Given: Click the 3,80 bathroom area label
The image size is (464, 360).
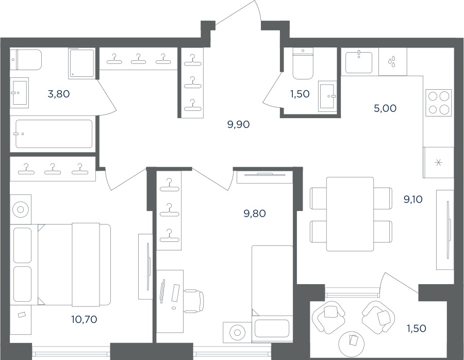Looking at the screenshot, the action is [59, 94].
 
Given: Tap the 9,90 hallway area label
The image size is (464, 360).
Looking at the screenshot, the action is [239, 124].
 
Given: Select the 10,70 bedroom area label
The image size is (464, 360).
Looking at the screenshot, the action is [84, 319].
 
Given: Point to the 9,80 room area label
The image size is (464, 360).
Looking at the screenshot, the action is [255, 213].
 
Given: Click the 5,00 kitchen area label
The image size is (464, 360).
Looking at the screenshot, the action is [385, 108].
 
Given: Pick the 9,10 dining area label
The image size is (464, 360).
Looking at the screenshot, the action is [413, 199].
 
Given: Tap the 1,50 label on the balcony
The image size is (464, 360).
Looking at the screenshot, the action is [416, 328].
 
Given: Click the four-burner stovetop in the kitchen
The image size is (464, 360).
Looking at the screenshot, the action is [439, 103].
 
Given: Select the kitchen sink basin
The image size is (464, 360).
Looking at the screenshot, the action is [359, 62].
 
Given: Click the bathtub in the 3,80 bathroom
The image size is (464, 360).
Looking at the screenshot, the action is [54, 134].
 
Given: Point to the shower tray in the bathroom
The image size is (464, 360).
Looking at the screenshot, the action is [82, 63].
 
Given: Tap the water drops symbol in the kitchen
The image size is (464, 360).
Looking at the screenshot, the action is [392, 62].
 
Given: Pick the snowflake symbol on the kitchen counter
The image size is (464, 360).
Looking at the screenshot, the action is [439, 162].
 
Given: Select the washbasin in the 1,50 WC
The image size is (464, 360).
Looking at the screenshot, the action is [327, 96].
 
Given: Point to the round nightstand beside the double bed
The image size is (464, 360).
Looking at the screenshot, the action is [21, 209].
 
